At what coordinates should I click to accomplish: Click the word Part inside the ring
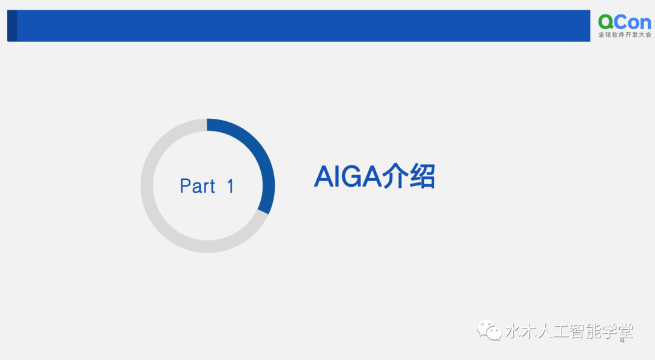(x=197, y=186)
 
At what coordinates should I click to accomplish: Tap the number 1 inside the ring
(x=230, y=186)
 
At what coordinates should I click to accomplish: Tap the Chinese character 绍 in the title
(x=422, y=176)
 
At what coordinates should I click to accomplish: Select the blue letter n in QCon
(x=645, y=24)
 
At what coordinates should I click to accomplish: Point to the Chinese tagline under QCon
(x=625, y=35)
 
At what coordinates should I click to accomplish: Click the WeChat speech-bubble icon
(x=489, y=330)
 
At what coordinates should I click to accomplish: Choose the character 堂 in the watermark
(x=625, y=331)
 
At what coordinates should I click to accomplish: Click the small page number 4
(x=622, y=341)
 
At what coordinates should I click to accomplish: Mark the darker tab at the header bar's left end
(x=12, y=25)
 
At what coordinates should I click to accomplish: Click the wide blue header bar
(x=298, y=25)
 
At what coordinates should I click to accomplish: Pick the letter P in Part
(x=185, y=186)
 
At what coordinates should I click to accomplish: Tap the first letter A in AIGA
(x=324, y=176)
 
